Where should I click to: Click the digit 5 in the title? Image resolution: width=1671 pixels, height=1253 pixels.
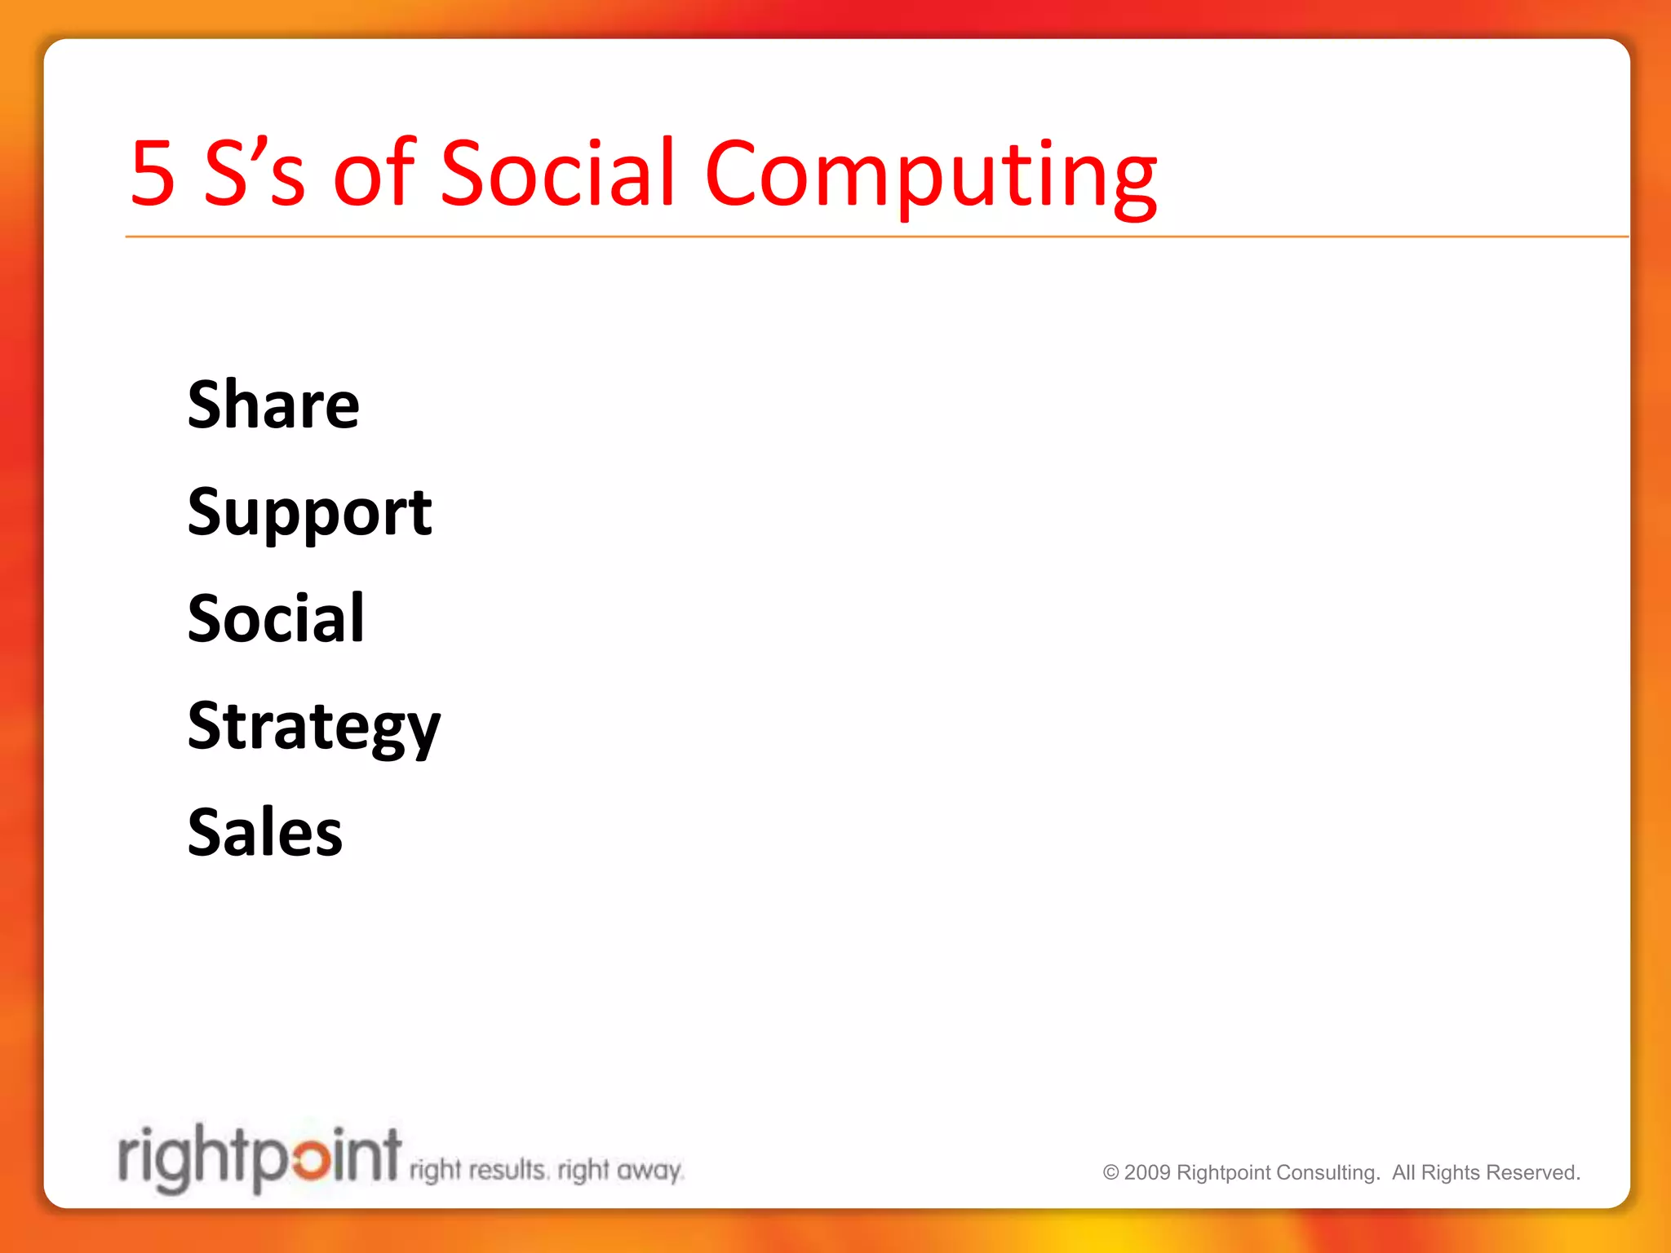click(x=153, y=173)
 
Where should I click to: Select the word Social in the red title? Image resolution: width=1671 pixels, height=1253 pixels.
click(x=558, y=173)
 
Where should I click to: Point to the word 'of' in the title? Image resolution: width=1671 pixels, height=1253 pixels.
click(x=375, y=173)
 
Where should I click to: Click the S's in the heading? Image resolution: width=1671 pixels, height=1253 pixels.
click(x=254, y=173)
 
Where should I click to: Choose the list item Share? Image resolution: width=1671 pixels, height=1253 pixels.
click(x=273, y=405)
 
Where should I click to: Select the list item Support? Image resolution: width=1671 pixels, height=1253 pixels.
click(x=309, y=512)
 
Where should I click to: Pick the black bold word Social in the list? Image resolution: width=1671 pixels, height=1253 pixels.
click(x=276, y=618)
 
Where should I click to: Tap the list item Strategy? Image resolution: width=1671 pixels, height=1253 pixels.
click(x=313, y=727)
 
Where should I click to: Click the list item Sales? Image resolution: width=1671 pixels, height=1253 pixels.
click(x=265, y=833)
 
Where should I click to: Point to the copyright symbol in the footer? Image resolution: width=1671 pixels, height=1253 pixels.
click(x=1110, y=1173)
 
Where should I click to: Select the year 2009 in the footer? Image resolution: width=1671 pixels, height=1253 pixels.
click(x=1147, y=1173)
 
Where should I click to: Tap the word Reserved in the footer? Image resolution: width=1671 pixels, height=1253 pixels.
click(x=1533, y=1173)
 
